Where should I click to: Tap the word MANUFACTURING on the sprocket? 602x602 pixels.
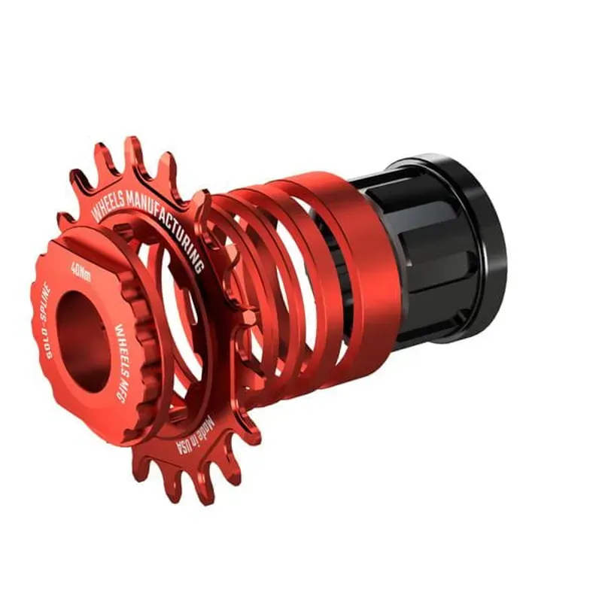click(x=169, y=218)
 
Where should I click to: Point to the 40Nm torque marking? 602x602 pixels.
click(x=81, y=270)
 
